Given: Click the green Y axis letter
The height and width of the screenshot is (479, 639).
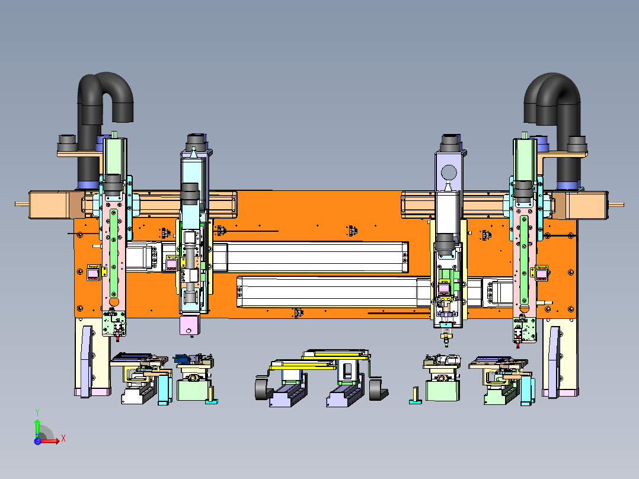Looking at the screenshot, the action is click(x=37, y=413).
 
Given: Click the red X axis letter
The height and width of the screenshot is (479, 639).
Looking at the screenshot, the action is click(x=63, y=439).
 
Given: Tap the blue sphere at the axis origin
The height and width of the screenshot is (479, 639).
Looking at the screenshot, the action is click(x=37, y=440).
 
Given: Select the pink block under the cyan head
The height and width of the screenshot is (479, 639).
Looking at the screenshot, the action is click(x=190, y=325).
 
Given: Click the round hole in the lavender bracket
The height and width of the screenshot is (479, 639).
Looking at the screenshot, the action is click(x=449, y=173).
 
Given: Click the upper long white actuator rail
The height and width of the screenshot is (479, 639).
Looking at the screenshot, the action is click(x=316, y=257).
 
